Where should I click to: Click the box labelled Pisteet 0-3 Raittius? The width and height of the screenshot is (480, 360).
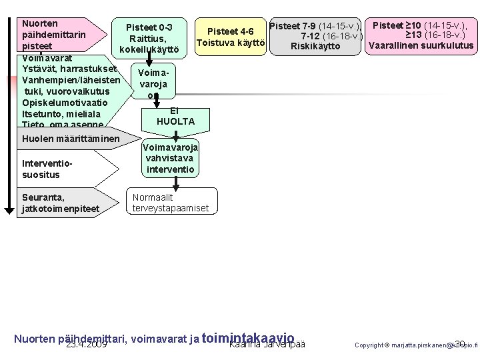(149, 38)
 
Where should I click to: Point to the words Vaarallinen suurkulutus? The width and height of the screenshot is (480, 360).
(421, 46)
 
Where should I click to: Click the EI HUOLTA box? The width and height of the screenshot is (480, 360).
(175, 116)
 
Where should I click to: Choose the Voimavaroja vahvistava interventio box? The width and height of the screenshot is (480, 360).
(169, 159)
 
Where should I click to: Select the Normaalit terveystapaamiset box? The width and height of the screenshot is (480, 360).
(171, 203)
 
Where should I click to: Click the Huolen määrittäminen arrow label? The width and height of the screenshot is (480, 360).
(71, 139)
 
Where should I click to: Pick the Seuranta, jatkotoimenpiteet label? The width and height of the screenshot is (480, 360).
(61, 203)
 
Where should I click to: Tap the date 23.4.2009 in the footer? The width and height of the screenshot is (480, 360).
(87, 345)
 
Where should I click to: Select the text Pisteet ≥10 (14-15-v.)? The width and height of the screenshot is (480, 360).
(419, 25)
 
